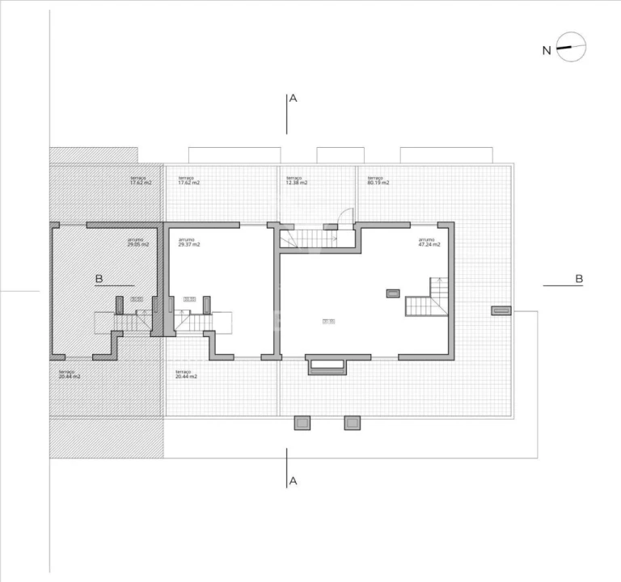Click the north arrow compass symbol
point(571,48)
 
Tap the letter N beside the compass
point(547,50)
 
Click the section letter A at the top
point(294,99)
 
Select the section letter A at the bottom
point(294,481)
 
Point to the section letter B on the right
point(579,279)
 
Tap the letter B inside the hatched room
point(99,279)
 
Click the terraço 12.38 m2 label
point(297,180)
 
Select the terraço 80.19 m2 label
point(378,180)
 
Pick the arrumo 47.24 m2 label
point(429,242)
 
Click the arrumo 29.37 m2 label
point(188,242)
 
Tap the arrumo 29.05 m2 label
point(138,242)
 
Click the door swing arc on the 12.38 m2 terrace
point(346,215)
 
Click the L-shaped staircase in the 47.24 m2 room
point(429,299)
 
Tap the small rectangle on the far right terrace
point(501,310)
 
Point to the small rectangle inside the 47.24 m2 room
point(393,293)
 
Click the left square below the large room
point(302,422)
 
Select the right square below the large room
point(352,422)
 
